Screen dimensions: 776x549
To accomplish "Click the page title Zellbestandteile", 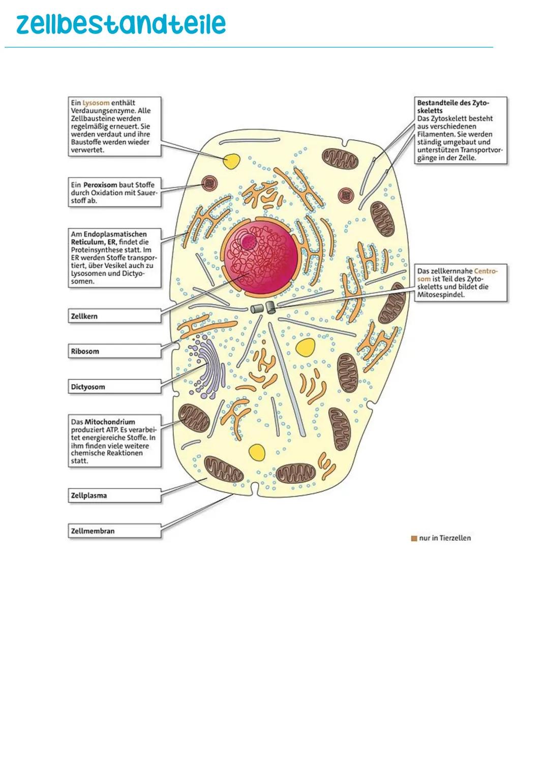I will pos(120,24).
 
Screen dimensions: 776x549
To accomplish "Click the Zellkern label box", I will pos(114,316).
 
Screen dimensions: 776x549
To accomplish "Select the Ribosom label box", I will pos(114,351).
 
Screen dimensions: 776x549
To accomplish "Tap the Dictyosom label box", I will pos(114,387).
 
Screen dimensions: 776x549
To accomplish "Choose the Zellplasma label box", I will pos(114,495).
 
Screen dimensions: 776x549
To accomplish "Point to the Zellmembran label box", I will pos(114,531).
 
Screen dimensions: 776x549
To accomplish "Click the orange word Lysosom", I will pos(96,103).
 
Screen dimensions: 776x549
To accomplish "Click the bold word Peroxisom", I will pos(100,185).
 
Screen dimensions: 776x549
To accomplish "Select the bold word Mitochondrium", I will pos(110,422).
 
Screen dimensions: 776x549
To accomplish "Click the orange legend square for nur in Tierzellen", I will pos(414,538).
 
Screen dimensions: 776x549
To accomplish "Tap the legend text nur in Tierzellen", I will pos(445,538).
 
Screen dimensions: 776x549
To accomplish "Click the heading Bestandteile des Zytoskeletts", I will pos(452,106).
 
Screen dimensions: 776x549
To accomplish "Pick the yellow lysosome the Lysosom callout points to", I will pos(232,161).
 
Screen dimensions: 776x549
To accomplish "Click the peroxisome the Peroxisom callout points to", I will pos(209,183).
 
